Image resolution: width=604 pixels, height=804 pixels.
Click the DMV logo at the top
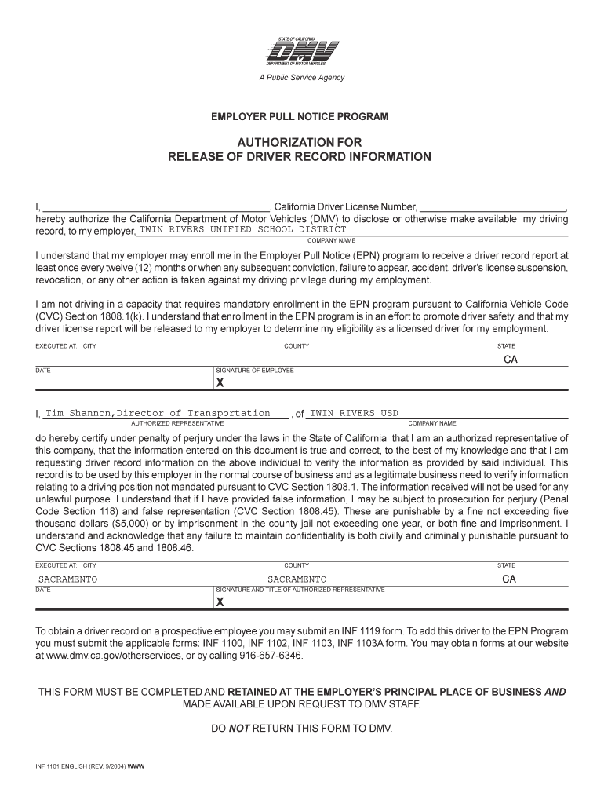(301, 53)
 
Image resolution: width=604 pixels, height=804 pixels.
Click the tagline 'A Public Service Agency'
(301, 78)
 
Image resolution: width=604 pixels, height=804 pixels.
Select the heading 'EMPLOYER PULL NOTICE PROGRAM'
(300, 117)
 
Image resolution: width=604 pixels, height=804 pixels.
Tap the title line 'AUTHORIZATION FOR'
(300, 142)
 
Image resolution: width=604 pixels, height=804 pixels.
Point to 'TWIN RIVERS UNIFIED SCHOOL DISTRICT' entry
(242, 229)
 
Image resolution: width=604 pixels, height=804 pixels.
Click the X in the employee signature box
(220, 383)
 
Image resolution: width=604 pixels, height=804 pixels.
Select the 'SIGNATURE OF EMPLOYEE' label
(255, 371)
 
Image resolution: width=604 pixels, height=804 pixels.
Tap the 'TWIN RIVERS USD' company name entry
(354, 413)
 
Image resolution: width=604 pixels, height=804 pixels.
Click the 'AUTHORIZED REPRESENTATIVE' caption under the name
(177, 423)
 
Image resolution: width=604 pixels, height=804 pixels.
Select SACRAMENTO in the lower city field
(68, 579)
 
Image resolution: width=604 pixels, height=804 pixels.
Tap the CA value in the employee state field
(511, 359)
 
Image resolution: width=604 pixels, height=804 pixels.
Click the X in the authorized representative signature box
(220, 602)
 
